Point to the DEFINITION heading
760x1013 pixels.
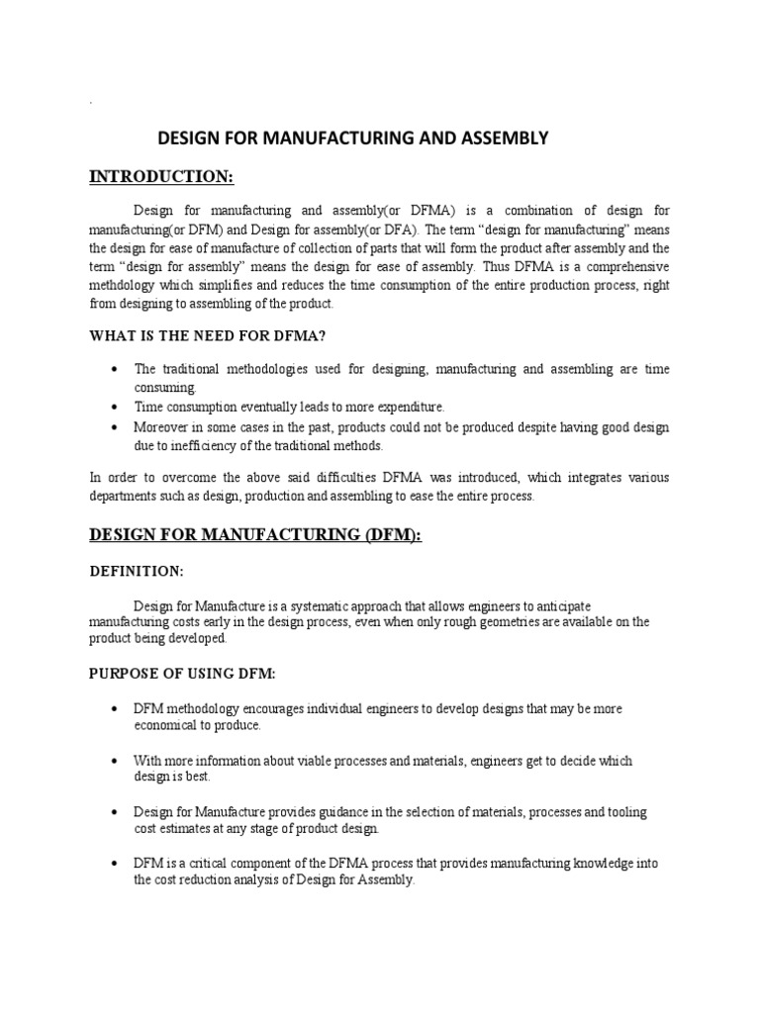[x=137, y=572]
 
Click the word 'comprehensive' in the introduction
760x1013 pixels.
[x=627, y=267]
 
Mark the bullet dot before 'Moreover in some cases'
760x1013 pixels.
[x=117, y=427]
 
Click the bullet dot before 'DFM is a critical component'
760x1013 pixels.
[x=117, y=864]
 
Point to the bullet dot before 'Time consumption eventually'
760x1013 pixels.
[x=117, y=407]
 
